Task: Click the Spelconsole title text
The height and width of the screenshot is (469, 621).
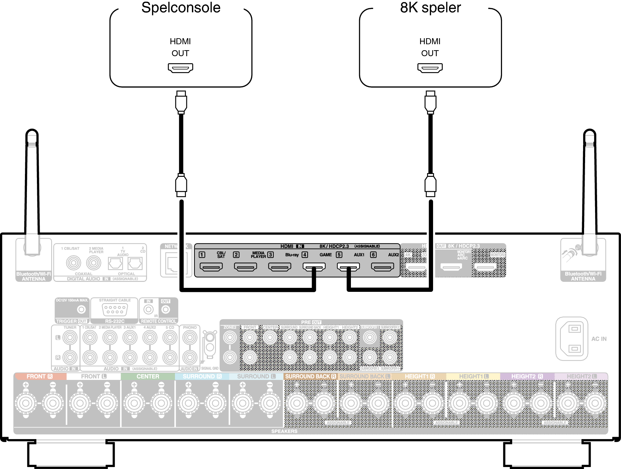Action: (x=181, y=7)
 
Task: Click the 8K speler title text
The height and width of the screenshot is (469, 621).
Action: (x=430, y=7)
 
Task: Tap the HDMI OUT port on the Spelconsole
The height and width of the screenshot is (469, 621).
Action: (x=180, y=68)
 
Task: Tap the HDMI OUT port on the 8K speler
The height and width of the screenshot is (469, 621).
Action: (x=430, y=68)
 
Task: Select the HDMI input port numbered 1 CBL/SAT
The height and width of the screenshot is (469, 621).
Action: (x=211, y=267)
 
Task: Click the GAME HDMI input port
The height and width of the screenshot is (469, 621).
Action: (x=314, y=267)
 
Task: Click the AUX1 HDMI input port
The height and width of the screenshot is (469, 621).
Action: (x=348, y=267)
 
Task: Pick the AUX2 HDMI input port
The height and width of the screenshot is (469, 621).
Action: (x=383, y=267)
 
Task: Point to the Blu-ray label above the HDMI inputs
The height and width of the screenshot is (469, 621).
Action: (x=292, y=255)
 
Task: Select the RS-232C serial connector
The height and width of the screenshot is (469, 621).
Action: (x=114, y=310)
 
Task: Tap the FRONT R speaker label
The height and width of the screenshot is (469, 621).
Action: (x=40, y=376)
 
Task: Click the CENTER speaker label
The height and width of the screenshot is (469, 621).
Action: (x=148, y=376)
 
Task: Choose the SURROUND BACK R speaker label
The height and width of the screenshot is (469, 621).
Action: (x=310, y=376)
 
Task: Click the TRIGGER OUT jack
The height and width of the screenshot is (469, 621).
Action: (x=81, y=309)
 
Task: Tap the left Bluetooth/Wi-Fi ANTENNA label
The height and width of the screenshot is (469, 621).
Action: (x=34, y=276)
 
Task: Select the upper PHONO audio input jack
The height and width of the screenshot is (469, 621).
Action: (x=190, y=338)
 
